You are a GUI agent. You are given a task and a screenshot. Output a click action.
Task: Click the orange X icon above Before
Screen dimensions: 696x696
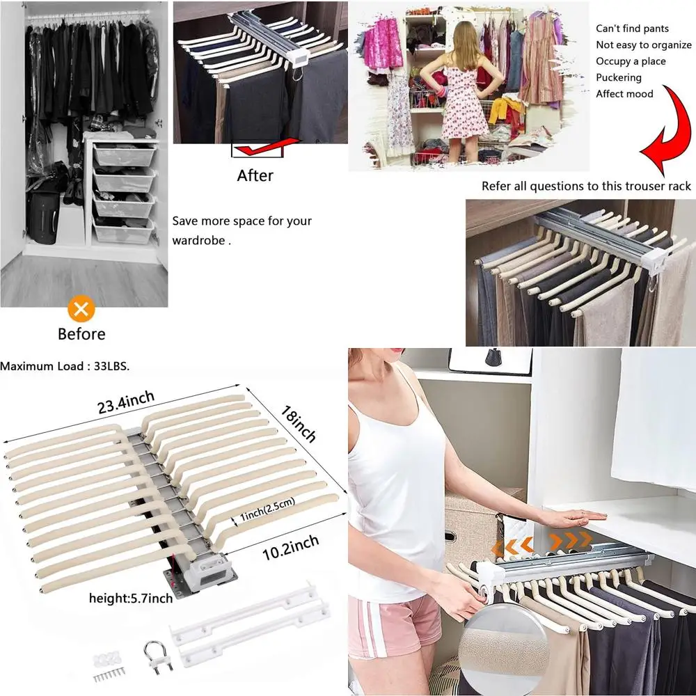coord(82,308)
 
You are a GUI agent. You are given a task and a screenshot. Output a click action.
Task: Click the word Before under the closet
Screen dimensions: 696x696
coord(81,334)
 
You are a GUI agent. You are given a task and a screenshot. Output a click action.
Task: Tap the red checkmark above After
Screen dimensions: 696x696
coord(258,148)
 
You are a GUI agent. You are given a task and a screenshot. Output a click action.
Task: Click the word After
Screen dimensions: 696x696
coord(255,175)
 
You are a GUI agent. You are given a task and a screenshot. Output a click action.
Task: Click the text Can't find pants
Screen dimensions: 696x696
coord(632,29)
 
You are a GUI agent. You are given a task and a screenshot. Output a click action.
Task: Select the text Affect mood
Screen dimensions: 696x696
coord(624,93)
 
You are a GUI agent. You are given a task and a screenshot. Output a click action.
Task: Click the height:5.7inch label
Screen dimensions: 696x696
coord(130,598)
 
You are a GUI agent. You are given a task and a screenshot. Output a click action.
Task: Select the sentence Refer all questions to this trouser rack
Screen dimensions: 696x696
coord(586,186)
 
